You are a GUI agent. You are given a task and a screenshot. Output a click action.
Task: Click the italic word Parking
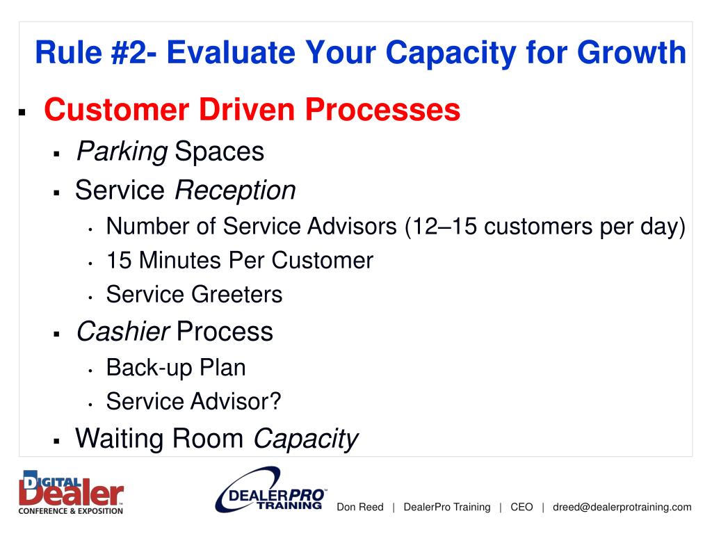point(122,152)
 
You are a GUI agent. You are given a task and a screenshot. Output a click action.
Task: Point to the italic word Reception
point(235,191)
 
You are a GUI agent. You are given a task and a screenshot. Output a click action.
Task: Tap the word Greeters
point(236,294)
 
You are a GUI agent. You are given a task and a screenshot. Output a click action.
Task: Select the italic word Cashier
point(122,331)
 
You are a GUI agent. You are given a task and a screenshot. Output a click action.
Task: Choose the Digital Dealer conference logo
point(72,492)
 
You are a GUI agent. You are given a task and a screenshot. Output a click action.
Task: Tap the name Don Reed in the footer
point(359,507)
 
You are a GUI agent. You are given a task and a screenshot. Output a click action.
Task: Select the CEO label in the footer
point(521,507)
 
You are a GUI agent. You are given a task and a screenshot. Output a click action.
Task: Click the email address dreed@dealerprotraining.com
point(622,507)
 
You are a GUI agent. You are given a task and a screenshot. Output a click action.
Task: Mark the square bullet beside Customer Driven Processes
point(22,111)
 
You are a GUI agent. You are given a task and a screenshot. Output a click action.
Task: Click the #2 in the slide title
point(129,52)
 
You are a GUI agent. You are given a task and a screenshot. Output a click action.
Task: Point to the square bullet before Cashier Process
point(57,334)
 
